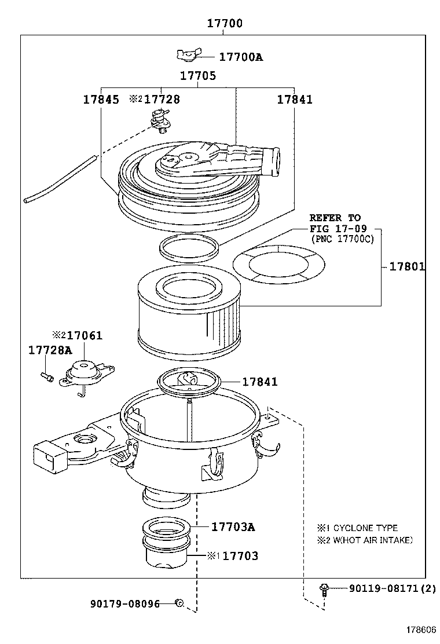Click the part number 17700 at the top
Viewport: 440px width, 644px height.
(225, 24)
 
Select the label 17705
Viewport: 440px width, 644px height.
(197, 76)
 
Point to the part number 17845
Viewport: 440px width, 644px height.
(101, 100)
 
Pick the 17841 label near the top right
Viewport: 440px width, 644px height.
(294, 100)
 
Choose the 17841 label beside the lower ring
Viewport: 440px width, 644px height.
(259, 382)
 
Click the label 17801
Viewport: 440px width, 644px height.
(407, 267)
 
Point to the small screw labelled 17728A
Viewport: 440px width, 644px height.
(47, 377)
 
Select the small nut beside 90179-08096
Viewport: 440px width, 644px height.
(179, 603)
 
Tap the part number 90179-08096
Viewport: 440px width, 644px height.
(124, 603)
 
